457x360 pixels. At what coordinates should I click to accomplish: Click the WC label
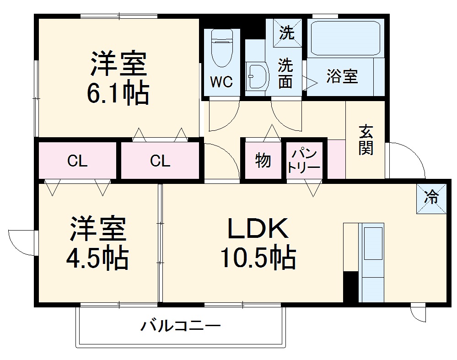pos(221,82)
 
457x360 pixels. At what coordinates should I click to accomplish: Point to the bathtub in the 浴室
pos(346,39)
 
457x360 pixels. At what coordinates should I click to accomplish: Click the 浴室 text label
pos(342,76)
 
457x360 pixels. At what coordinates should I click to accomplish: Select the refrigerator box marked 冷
pos(431,198)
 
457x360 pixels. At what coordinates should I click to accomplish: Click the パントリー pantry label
pos(303,160)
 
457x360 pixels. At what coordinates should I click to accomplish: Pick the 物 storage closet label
pos(263,161)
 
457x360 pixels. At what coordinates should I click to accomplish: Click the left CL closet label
pos(77,161)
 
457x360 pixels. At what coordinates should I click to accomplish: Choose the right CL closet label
pos(160,161)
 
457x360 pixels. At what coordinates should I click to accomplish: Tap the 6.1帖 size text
pos(118,94)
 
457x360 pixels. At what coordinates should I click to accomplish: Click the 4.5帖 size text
pos(97,258)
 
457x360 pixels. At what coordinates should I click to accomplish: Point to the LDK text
pos(258,229)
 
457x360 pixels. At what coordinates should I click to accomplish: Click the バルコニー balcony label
pos(180,327)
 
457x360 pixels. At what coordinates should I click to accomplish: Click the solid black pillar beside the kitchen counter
pos(350,286)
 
